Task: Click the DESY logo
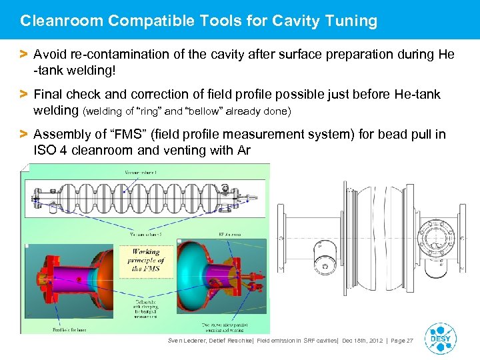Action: point(439,338)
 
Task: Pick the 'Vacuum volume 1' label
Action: point(145,173)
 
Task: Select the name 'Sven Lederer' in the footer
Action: point(189,341)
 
